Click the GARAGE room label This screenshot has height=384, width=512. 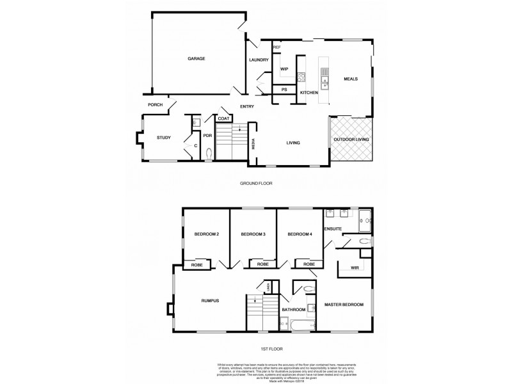(x=196, y=59)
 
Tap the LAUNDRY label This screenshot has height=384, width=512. (x=259, y=60)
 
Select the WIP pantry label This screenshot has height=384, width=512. (x=284, y=68)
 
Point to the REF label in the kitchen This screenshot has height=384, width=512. (x=277, y=47)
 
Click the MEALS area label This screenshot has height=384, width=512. (x=350, y=79)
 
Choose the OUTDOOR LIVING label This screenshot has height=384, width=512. (x=351, y=139)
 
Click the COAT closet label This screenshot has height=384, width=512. (x=223, y=118)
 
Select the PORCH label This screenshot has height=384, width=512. (x=155, y=105)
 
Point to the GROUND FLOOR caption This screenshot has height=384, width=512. (x=256, y=183)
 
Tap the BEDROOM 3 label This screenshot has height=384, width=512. (x=253, y=235)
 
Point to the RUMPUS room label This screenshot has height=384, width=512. (x=211, y=301)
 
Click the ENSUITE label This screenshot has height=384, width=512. (x=333, y=228)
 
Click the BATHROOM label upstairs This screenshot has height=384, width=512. (x=294, y=310)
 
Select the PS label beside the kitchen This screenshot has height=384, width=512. (x=284, y=90)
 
